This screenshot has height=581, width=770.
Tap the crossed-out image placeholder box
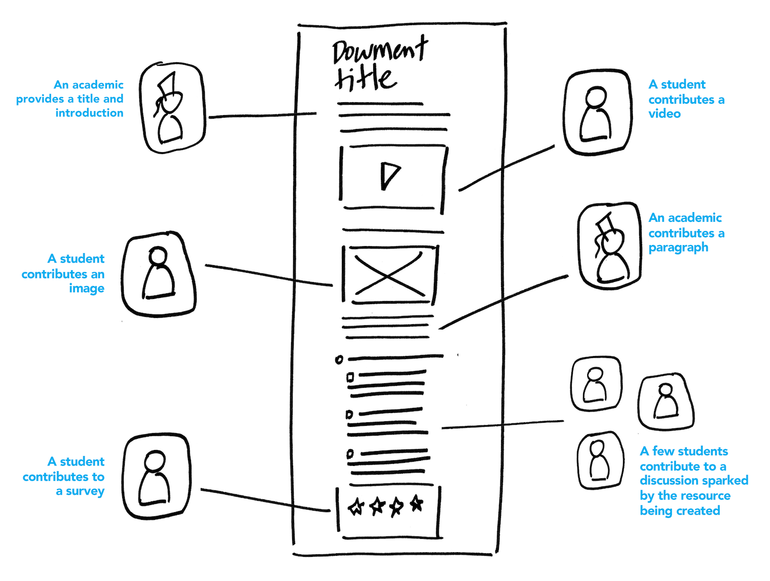[x=390, y=274]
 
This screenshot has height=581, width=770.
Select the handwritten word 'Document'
[x=380, y=51]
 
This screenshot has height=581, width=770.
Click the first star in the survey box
[x=356, y=507]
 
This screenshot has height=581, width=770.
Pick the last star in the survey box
[x=416, y=503]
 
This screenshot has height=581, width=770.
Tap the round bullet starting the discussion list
[x=338, y=360]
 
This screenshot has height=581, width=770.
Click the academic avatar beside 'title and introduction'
[x=172, y=107]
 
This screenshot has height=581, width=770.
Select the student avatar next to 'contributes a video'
[x=598, y=112]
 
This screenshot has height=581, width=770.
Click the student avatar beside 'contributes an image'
[x=158, y=274]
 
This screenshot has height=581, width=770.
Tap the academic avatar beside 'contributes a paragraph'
[x=610, y=246]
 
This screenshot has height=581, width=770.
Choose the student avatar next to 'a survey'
[x=157, y=476]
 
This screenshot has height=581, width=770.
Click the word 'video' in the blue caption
[x=664, y=114]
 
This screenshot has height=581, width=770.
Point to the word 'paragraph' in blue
[x=678, y=248]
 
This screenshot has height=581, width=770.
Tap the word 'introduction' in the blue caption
[x=89, y=113]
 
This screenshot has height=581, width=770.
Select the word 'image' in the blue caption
[x=87, y=289]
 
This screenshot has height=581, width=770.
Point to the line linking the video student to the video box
[x=506, y=168]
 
